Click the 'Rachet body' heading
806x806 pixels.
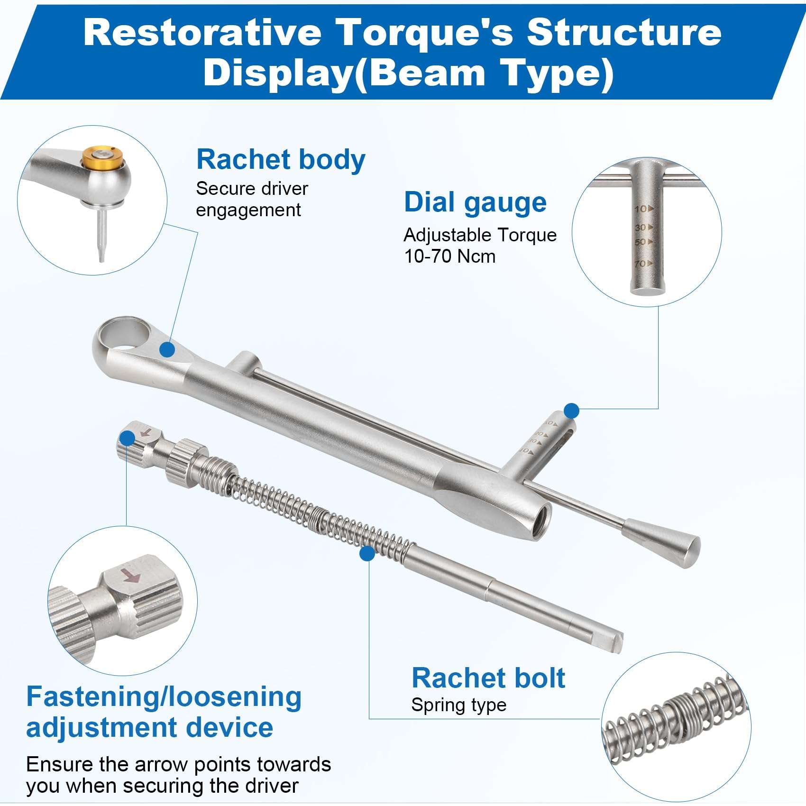pos(281,159)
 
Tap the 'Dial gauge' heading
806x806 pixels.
pos(475,202)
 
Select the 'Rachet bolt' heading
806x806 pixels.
pos(488,678)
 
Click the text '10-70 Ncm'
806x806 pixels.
pos(449,256)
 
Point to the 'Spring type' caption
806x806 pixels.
pos(458,705)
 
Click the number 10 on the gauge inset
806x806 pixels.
pos(641,209)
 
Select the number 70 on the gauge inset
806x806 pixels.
pos(641,264)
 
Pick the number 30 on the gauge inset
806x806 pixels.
pos(641,228)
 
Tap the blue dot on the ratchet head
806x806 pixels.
pos(167,350)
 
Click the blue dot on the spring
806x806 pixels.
pos(367,553)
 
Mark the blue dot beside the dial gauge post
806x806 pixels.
pos(572,411)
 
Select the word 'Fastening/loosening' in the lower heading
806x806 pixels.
pos(164,697)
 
